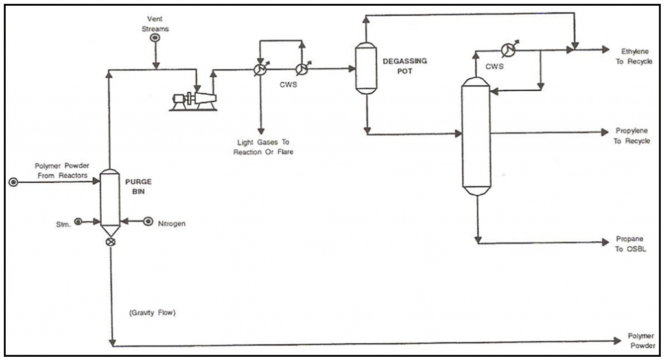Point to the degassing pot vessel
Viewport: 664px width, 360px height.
point(366,68)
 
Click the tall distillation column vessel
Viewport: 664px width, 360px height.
point(477,136)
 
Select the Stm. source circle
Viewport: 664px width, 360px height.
point(78,222)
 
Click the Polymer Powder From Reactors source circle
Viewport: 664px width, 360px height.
point(14,182)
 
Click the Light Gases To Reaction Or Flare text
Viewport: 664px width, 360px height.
point(262,146)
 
